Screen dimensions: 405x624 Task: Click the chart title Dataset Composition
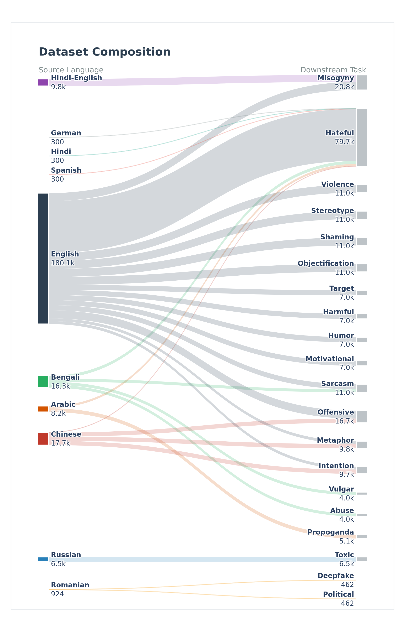[104, 52]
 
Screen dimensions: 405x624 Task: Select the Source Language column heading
[71, 70]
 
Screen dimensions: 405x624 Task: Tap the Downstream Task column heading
[333, 70]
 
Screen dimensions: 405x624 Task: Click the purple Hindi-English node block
[43, 82]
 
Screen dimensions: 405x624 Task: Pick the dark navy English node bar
[43, 259]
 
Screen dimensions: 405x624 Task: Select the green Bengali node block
[43, 381]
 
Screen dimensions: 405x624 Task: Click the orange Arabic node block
[43, 409]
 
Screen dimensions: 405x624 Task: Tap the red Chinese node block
[43, 439]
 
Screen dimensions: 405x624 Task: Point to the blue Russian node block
[43, 559]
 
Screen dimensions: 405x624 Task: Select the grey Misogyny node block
[362, 82]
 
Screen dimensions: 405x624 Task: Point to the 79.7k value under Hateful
[344, 142]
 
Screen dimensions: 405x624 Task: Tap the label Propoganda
[331, 532]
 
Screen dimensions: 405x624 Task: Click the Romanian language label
[70, 585]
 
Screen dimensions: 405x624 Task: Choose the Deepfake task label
[336, 576]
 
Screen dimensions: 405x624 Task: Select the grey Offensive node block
[362, 417]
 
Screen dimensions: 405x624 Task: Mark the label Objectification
[326, 264]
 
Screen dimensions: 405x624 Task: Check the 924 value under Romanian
[57, 594]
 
